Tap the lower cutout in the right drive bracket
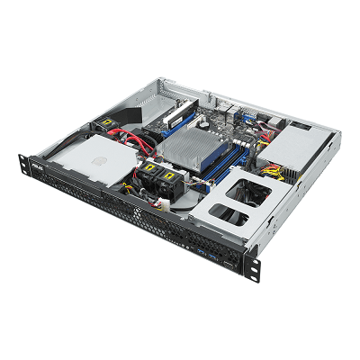tap(236, 216)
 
